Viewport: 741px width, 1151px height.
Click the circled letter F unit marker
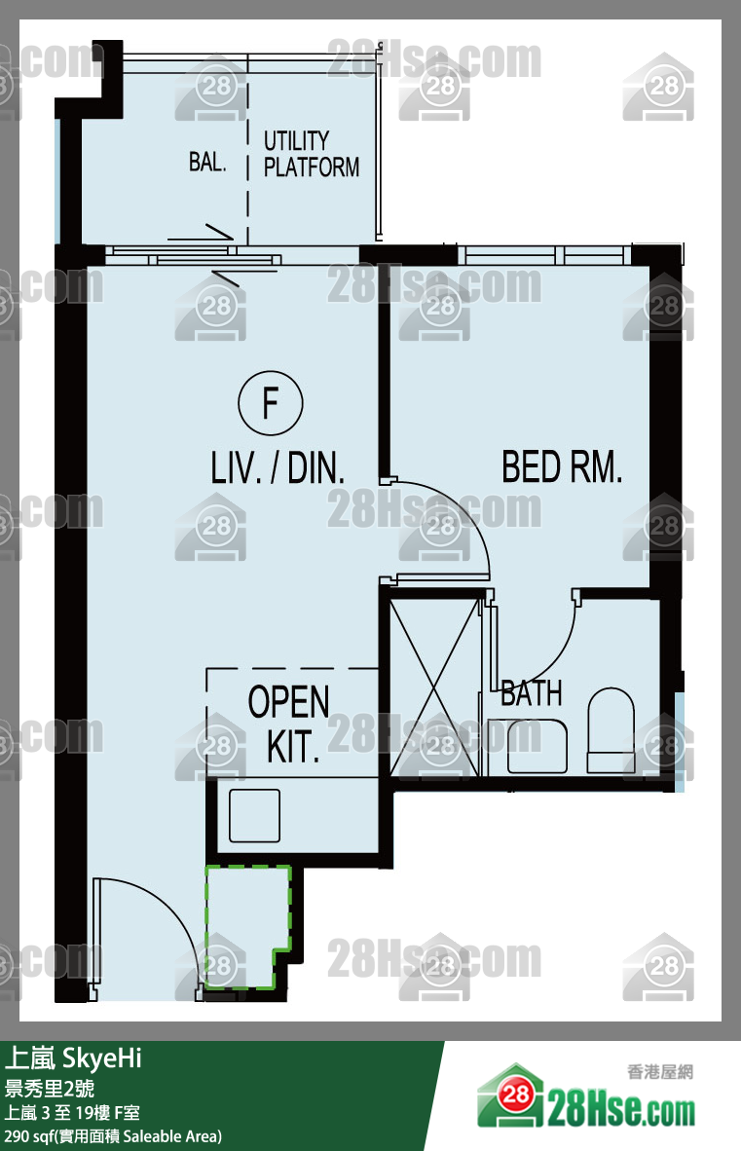pos(270,402)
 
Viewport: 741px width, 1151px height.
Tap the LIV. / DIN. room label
pos(278,467)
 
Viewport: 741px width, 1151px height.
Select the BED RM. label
pos(562,466)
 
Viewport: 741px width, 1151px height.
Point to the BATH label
pos(532,693)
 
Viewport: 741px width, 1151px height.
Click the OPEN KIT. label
pos(288,724)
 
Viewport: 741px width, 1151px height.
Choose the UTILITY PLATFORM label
pos(311,154)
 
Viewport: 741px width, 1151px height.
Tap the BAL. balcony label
pos(206,162)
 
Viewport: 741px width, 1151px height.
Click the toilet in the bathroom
pos(611,729)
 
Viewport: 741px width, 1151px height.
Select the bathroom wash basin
pos(537,746)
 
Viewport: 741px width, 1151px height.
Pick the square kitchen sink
pos(254,816)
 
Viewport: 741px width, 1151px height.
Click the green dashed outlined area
pos(247,927)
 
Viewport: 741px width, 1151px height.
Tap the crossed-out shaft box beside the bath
pos(435,687)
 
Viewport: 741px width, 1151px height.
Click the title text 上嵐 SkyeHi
pos(73,1058)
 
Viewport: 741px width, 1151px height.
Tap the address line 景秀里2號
pos(49,1089)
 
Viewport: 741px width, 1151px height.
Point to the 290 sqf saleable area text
pos(113,1136)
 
